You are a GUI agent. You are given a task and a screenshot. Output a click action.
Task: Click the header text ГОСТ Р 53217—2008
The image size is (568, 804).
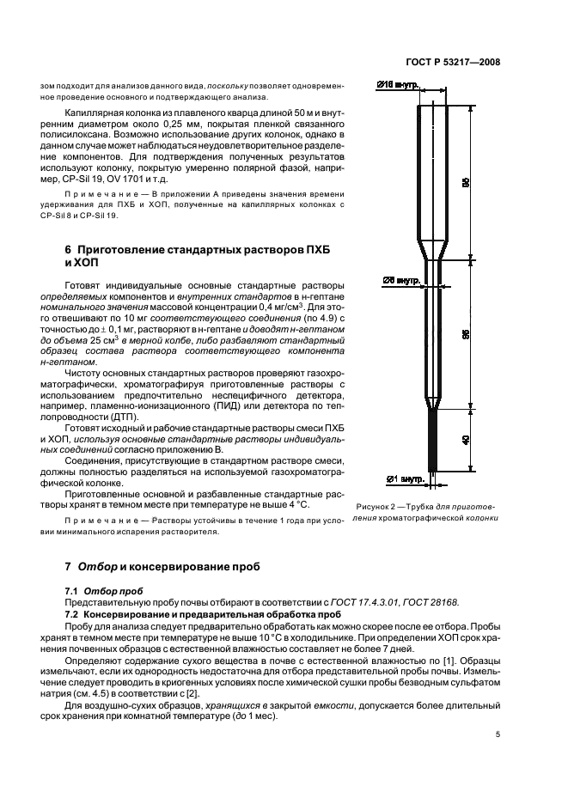(456, 63)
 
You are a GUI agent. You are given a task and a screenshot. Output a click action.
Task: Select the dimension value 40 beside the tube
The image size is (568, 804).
(465, 439)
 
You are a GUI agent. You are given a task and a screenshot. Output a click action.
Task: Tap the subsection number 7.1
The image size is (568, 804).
(76, 590)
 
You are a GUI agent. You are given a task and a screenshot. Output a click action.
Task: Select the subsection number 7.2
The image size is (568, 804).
(76, 615)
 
